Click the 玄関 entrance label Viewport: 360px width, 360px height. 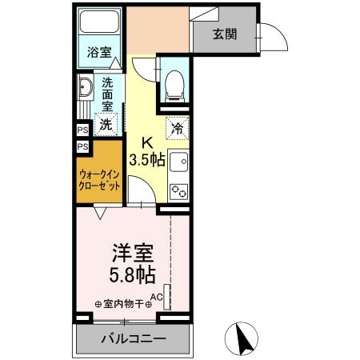(225, 34)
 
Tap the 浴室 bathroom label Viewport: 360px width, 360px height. (99, 52)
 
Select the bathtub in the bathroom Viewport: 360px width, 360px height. (99, 22)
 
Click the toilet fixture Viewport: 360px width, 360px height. (175, 86)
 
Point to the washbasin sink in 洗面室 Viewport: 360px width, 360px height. (86, 87)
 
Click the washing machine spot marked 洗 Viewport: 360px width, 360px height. (106, 124)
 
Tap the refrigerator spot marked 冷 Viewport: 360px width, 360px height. (178, 128)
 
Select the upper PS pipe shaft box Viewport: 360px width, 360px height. (82, 130)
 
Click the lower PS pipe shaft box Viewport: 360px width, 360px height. (82, 146)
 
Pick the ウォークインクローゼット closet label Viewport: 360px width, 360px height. (99, 180)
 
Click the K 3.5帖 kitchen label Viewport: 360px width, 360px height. (146, 153)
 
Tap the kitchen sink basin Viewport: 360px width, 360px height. (179, 162)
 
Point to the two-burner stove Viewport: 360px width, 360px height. (178, 191)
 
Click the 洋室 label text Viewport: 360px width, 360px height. (133, 253)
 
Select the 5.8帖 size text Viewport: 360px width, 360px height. (132, 274)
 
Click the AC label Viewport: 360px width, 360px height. (157, 297)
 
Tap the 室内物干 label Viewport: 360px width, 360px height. (123, 304)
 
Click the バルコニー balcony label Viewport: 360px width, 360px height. (134, 339)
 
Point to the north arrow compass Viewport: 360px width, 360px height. (242, 338)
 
